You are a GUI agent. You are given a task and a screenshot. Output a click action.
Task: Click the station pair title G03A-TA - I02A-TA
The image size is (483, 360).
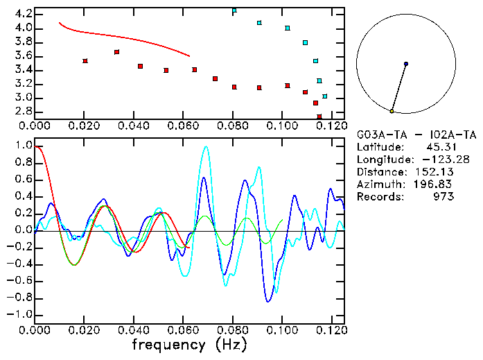[x=416, y=135]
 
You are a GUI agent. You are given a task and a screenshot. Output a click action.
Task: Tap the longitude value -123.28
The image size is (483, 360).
[x=434, y=160]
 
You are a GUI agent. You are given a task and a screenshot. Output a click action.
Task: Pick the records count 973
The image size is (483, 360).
[x=444, y=197]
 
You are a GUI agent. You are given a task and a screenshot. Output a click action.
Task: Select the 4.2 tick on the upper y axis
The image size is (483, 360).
[x=23, y=14]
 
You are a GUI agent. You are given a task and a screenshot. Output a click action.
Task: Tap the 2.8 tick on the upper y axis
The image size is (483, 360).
[x=23, y=112]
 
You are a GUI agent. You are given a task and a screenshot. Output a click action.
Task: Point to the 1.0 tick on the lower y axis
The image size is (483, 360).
[x=23, y=146]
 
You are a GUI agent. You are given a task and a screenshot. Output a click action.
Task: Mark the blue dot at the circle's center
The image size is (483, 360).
[x=406, y=64]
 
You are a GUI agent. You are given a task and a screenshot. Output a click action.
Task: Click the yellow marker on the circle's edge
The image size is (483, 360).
[x=392, y=111]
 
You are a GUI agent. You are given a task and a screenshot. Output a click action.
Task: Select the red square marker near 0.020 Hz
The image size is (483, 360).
[x=85, y=61]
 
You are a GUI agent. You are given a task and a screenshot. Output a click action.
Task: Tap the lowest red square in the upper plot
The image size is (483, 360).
[x=319, y=117]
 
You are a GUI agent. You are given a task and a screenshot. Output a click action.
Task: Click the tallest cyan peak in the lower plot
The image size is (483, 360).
[x=205, y=147]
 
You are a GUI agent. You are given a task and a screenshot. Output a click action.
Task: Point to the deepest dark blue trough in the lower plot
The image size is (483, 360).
[x=267, y=301]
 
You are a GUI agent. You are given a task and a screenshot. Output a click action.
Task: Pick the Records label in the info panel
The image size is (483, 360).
[x=379, y=197]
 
